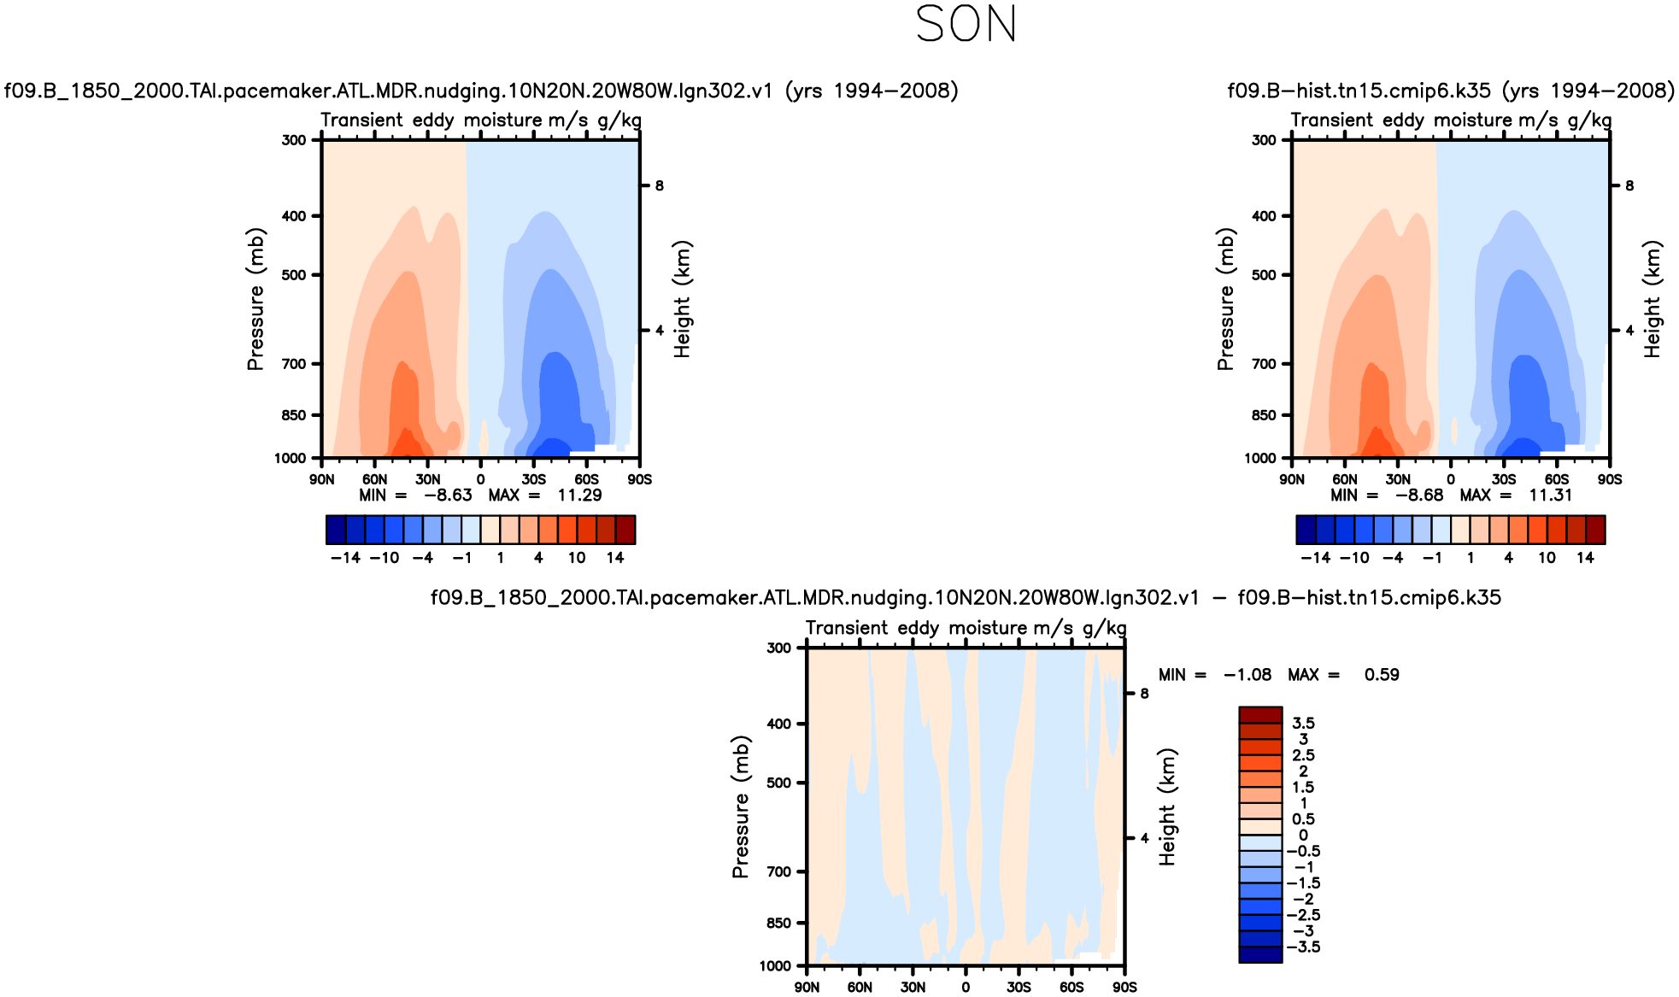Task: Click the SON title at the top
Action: pos(966,24)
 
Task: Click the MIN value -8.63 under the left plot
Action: pos(448,496)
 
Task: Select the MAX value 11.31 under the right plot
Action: pos(1550,496)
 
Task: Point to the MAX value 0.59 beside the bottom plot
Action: pos(1381,675)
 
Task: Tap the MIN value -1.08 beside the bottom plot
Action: pos(1247,675)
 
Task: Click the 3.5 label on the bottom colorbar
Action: pos(1303,724)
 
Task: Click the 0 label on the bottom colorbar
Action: pos(1303,836)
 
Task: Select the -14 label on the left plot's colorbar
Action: pos(345,558)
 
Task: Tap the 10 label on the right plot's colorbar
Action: pos(1547,558)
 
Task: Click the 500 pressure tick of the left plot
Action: pos(294,275)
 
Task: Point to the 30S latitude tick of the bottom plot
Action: pos(1019,988)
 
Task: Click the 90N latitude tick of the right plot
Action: pos(1292,480)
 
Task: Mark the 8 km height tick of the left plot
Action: pos(659,185)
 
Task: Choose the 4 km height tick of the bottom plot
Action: pos(1144,838)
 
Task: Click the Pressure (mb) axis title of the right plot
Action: pos(1225,299)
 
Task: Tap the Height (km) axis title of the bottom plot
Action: pos(1167,806)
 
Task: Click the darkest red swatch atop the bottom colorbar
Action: pos(1260,715)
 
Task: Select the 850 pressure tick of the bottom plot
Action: pos(778,923)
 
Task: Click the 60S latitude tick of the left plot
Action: pos(586,480)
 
